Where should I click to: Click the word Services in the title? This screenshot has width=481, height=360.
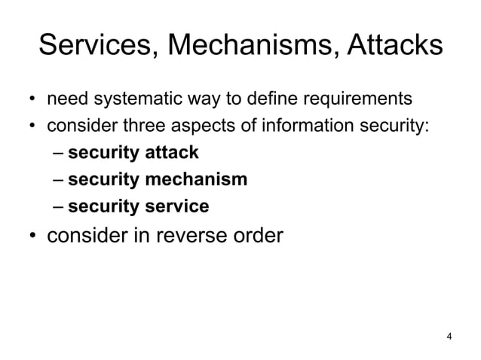coord(96,47)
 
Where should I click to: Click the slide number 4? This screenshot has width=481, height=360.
coord(449,336)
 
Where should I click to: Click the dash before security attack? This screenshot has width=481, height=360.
coord(59,154)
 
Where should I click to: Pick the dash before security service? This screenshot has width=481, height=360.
coord(59,206)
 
